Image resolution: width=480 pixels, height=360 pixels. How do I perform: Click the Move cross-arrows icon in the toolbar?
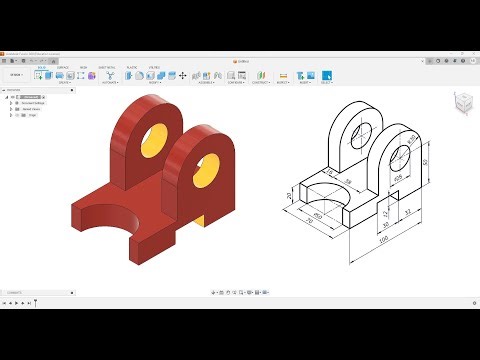tap(182, 75)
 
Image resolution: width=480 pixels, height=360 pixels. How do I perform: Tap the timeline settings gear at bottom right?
tap(470, 301)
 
